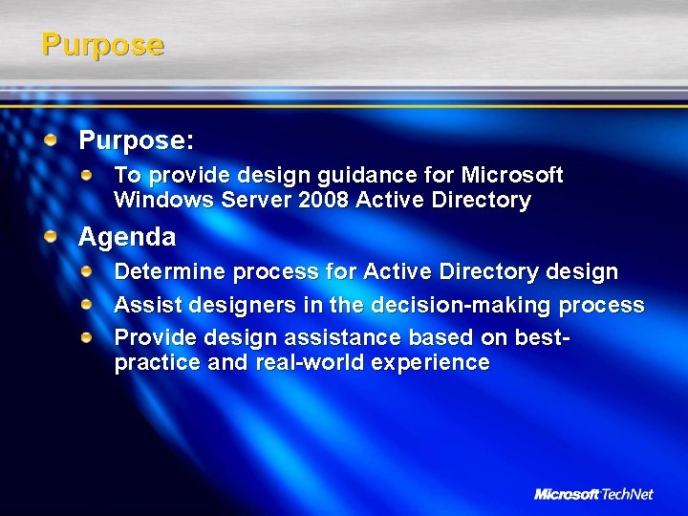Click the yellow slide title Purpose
point(102,45)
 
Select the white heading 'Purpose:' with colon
point(137,141)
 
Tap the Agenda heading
point(127,236)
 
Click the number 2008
point(325,201)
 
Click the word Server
point(251,201)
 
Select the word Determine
point(167,272)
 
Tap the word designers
point(225,306)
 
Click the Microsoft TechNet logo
point(593,494)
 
